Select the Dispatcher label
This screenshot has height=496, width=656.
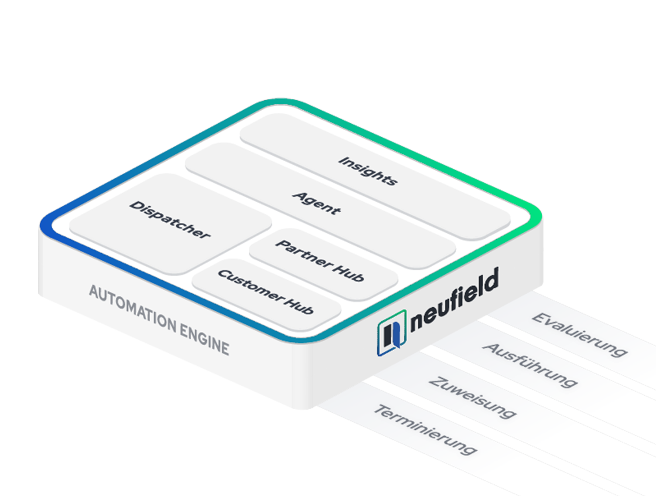[x=169, y=219]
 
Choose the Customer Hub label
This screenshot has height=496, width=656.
[x=265, y=291]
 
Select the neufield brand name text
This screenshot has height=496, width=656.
[x=455, y=300]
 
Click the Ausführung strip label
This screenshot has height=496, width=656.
[x=529, y=364]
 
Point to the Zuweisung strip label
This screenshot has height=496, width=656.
[x=472, y=397]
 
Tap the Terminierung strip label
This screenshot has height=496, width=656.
[x=425, y=429]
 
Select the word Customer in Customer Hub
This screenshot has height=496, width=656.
[x=251, y=285]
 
